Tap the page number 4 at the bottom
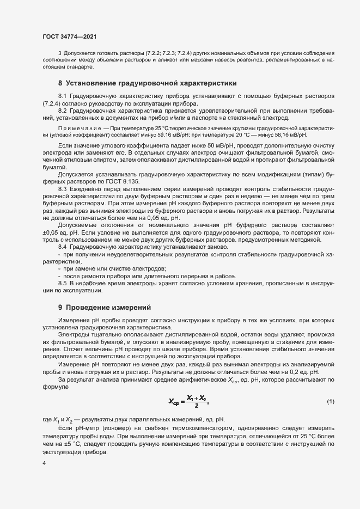(x=44, y=463)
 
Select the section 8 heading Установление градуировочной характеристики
(x=147, y=83)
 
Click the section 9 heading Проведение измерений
(x=100, y=308)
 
